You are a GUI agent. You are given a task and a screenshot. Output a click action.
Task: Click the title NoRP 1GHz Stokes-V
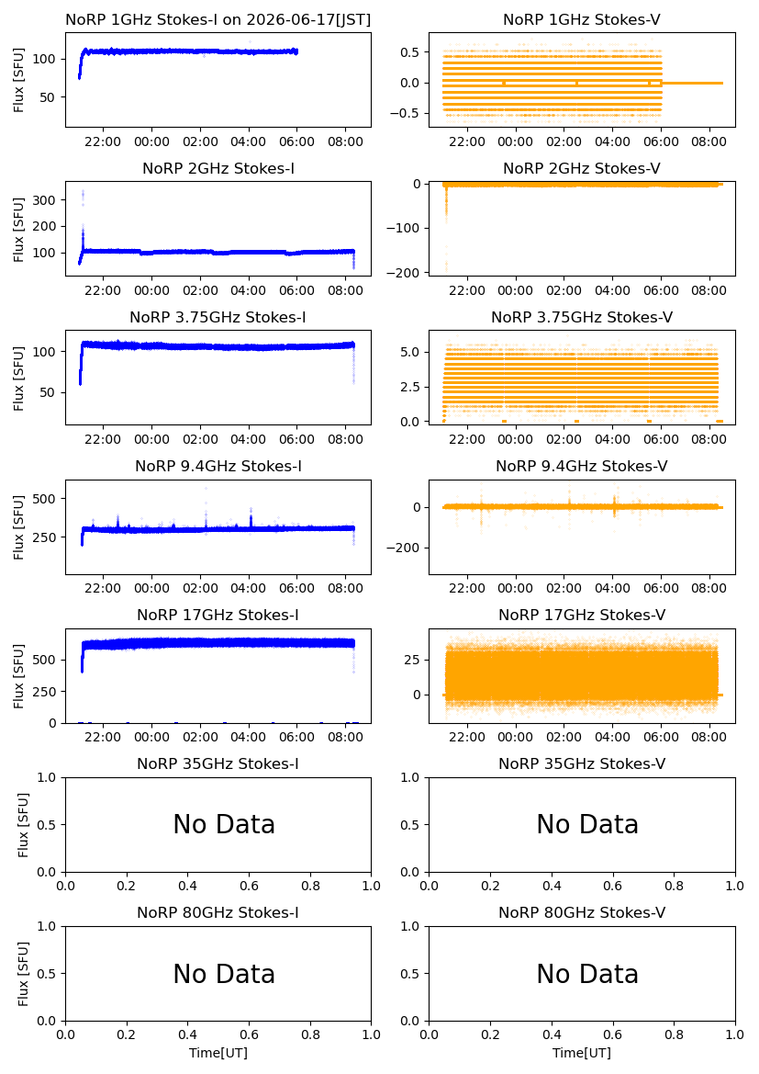pos(582,20)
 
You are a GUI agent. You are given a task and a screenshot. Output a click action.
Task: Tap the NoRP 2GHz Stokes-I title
pos(218,168)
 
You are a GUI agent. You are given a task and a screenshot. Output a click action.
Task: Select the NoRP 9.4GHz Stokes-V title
pos(582,467)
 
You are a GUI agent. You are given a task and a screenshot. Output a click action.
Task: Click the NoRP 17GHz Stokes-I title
pos(218,615)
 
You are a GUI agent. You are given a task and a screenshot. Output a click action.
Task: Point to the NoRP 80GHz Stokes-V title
pos(582,912)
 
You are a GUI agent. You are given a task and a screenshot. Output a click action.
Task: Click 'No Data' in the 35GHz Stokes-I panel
pos(224,825)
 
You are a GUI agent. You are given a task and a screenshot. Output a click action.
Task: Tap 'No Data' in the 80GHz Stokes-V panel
pos(587,974)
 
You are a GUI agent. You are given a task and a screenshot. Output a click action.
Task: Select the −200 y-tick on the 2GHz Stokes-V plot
pos(404,273)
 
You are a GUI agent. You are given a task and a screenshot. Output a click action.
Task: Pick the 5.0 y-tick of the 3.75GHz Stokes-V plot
pos(411,352)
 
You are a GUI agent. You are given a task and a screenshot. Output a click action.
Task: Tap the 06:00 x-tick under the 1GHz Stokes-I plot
pos(296,141)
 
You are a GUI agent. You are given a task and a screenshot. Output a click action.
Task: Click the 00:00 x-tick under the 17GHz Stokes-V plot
pos(516,737)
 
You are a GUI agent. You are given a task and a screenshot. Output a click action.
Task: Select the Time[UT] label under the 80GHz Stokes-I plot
pos(218,1053)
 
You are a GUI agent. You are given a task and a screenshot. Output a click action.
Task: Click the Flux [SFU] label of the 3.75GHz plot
pos(18,379)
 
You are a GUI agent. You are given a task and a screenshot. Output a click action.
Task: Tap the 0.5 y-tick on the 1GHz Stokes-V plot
pos(411,52)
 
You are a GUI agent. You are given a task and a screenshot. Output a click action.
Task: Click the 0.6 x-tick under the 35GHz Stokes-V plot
pos(612,886)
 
